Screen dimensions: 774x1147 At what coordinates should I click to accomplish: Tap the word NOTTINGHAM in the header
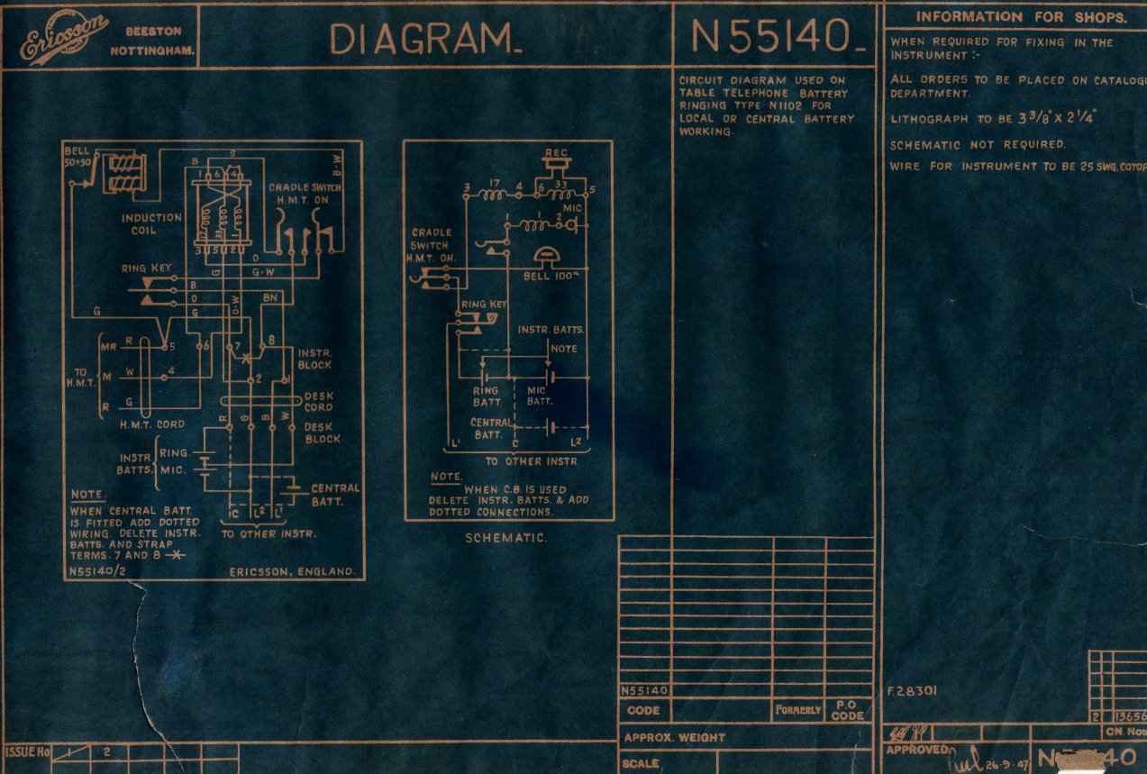click(152, 50)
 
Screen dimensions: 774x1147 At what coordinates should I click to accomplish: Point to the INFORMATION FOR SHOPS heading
click(1021, 16)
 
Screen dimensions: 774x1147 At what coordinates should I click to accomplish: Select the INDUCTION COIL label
click(151, 223)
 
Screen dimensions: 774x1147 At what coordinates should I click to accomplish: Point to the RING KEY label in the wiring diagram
click(147, 269)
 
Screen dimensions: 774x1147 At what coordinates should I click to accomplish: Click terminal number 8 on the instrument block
click(272, 339)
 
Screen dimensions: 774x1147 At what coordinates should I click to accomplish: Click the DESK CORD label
click(318, 401)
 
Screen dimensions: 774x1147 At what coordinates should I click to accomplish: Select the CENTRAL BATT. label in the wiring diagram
click(334, 495)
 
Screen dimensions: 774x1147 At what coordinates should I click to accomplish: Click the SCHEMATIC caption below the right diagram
click(507, 537)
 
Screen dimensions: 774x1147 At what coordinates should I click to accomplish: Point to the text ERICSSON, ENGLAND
click(291, 572)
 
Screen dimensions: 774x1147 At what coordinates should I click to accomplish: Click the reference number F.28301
click(913, 691)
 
